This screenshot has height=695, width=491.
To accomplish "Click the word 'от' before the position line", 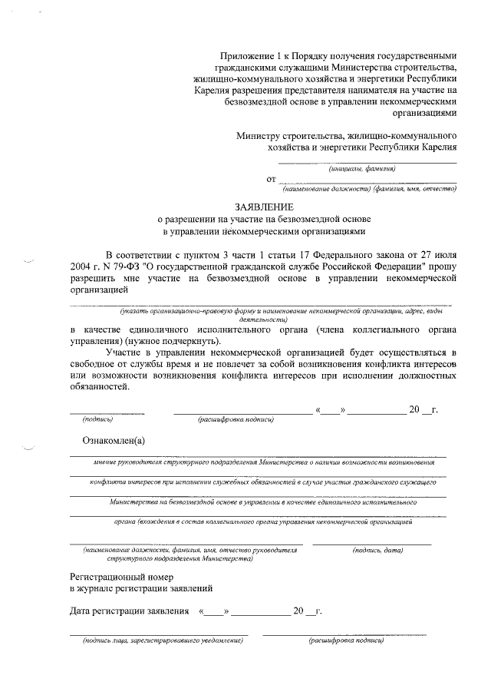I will tap(271, 179).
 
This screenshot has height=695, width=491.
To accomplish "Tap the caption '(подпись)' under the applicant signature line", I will tap(97, 420).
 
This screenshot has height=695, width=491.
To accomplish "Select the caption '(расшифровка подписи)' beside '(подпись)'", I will tap(236, 420).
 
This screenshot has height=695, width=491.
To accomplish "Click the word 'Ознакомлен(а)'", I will tap(114, 442).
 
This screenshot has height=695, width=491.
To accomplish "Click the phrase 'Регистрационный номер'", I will tap(122, 576).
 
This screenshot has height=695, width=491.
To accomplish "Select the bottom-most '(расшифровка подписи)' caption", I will tap(345, 640).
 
